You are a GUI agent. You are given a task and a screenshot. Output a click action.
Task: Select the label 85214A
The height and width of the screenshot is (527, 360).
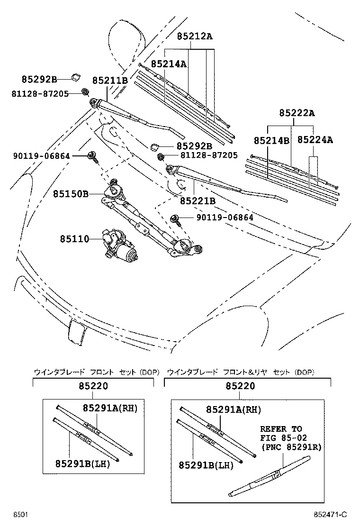tap(169, 64)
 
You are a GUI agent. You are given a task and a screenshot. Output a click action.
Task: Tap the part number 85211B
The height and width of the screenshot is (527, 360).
tap(110, 81)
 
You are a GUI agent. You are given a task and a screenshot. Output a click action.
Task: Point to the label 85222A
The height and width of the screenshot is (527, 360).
tap(297, 113)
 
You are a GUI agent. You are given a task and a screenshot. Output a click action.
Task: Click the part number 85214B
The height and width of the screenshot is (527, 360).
tap(271, 140)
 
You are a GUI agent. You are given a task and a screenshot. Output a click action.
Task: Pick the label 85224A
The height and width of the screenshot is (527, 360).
tap(315, 140)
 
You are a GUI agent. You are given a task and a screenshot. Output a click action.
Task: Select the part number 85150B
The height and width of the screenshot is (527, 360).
tap(71, 194)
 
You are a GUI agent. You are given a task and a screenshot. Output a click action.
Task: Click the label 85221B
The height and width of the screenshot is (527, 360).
tap(198, 201)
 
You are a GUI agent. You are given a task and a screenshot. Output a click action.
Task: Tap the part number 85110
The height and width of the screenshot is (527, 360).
tap(74, 239)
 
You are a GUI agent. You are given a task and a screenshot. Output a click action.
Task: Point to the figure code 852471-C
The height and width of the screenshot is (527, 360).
tap(330, 515)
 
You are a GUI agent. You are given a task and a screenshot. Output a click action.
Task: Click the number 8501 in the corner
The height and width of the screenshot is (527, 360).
tap(20, 515)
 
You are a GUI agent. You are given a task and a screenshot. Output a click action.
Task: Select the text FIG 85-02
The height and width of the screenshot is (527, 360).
tap(281, 437)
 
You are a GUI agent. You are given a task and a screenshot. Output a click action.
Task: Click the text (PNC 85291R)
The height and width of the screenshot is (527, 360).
tap(290, 446)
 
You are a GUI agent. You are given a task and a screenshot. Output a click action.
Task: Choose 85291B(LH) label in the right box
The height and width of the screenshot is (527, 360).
tap(206, 466)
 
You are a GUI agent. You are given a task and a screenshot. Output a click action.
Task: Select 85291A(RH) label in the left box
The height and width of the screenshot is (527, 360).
tap(110, 408)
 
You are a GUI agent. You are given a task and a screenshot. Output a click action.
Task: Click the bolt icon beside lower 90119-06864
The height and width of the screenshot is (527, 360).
tap(176, 218)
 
